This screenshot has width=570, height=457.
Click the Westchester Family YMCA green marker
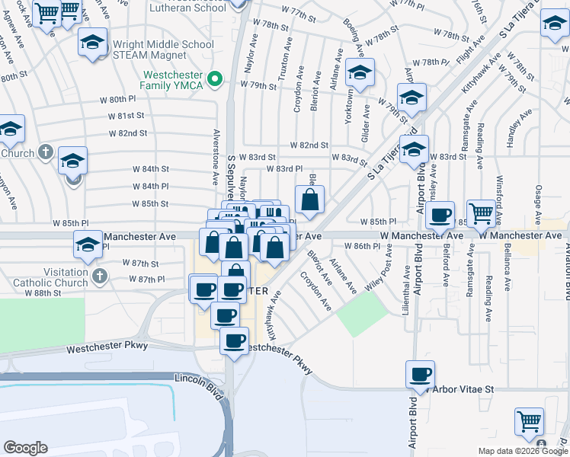click(x=216, y=78)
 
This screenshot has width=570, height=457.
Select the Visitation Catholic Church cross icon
click(x=98, y=275)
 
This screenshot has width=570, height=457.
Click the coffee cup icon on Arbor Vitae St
click(x=420, y=375)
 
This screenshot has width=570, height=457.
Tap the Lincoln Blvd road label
click(x=197, y=379)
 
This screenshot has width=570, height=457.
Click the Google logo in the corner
click(x=25, y=448)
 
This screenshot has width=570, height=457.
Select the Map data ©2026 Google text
click(x=522, y=451)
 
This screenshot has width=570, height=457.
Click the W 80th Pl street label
click(x=117, y=100)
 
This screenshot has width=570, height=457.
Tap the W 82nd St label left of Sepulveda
click(x=128, y=133)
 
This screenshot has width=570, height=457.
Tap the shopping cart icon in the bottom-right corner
click(x=529, y=421)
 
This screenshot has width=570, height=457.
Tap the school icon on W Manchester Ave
click(x=88, y=246)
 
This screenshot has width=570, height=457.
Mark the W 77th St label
click(x=298, y=13)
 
